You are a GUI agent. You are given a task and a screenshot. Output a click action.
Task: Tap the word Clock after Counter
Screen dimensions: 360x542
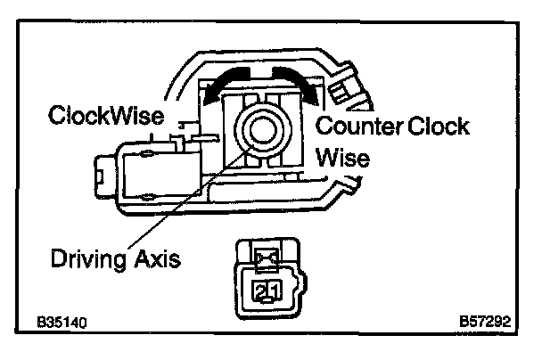point(438,127)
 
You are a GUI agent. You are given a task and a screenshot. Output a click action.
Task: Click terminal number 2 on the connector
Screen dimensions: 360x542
point(259,290)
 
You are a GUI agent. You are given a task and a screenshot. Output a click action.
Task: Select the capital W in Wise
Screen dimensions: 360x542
point(326,159)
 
